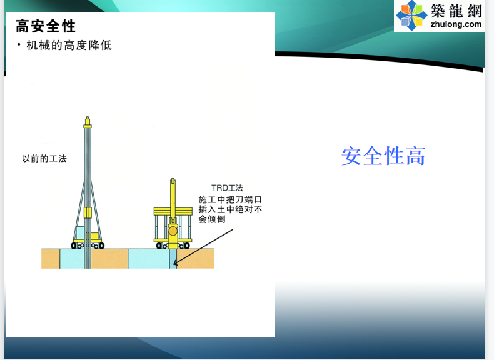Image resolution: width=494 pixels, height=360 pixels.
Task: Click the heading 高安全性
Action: [x=46, y=26]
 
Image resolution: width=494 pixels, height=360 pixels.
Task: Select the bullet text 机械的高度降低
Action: [x=69, y=46]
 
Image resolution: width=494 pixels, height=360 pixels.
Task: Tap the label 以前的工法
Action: [x=44, y=158]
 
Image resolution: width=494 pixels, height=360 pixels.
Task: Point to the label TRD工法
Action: [x=227, y=188]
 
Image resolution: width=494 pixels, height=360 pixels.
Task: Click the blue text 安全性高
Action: [x=383, y=156]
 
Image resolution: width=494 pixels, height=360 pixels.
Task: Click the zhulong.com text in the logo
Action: [x=456, y=24]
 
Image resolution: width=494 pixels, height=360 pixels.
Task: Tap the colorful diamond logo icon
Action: [x=411, y=16]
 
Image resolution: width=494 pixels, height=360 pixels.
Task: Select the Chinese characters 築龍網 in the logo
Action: [x=456, y=11]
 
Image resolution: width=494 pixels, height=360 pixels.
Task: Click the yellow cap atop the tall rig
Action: [x=88, y=122]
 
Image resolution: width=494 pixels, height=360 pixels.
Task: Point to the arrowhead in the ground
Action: [x=175, y=262]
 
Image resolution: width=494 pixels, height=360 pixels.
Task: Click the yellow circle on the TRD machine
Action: [x=173, y=231]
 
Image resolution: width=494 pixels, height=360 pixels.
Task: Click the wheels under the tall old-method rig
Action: [x=88, y=246]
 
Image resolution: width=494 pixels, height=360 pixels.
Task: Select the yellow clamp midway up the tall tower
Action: [x=88, y=212]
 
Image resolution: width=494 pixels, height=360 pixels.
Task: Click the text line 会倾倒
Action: [x=212, y=219]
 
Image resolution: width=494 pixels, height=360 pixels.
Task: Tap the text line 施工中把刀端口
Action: [x=230, y=199]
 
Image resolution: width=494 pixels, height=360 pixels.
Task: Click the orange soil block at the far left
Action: [x=51, y=259]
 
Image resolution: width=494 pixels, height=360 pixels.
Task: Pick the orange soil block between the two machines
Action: [x=109, y=259]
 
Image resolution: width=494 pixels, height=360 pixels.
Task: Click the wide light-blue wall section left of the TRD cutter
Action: [x=149, y=259]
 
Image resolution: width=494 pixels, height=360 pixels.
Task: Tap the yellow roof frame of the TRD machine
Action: [x=173, y=211]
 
